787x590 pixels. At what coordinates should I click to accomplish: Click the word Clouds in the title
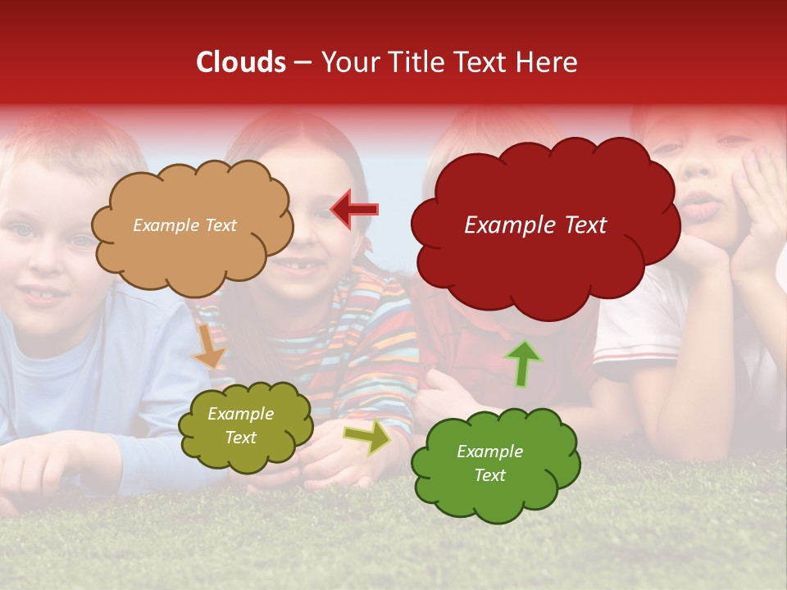[241, 62]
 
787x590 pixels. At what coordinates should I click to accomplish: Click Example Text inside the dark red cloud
[535, 225]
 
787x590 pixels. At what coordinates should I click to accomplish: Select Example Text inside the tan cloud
[184, 225]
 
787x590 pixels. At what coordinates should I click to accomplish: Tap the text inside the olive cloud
[241, 426]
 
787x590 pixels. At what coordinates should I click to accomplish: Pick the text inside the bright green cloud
[489, 463]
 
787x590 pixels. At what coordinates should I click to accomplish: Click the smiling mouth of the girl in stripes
[302, 265]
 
